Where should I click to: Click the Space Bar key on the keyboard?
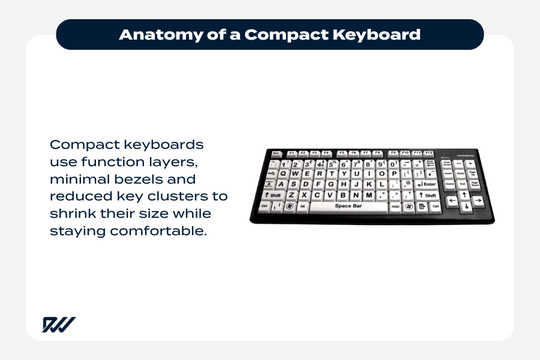[343, 206]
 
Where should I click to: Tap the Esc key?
[277, 154]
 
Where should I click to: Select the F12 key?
[428, 153]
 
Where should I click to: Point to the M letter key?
[368, 195]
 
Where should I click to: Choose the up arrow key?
[464, 196]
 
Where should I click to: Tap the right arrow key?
[478, 200]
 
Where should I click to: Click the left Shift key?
[273, 195]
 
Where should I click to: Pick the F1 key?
[292, 154]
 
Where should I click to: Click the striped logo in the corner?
[59, 325]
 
